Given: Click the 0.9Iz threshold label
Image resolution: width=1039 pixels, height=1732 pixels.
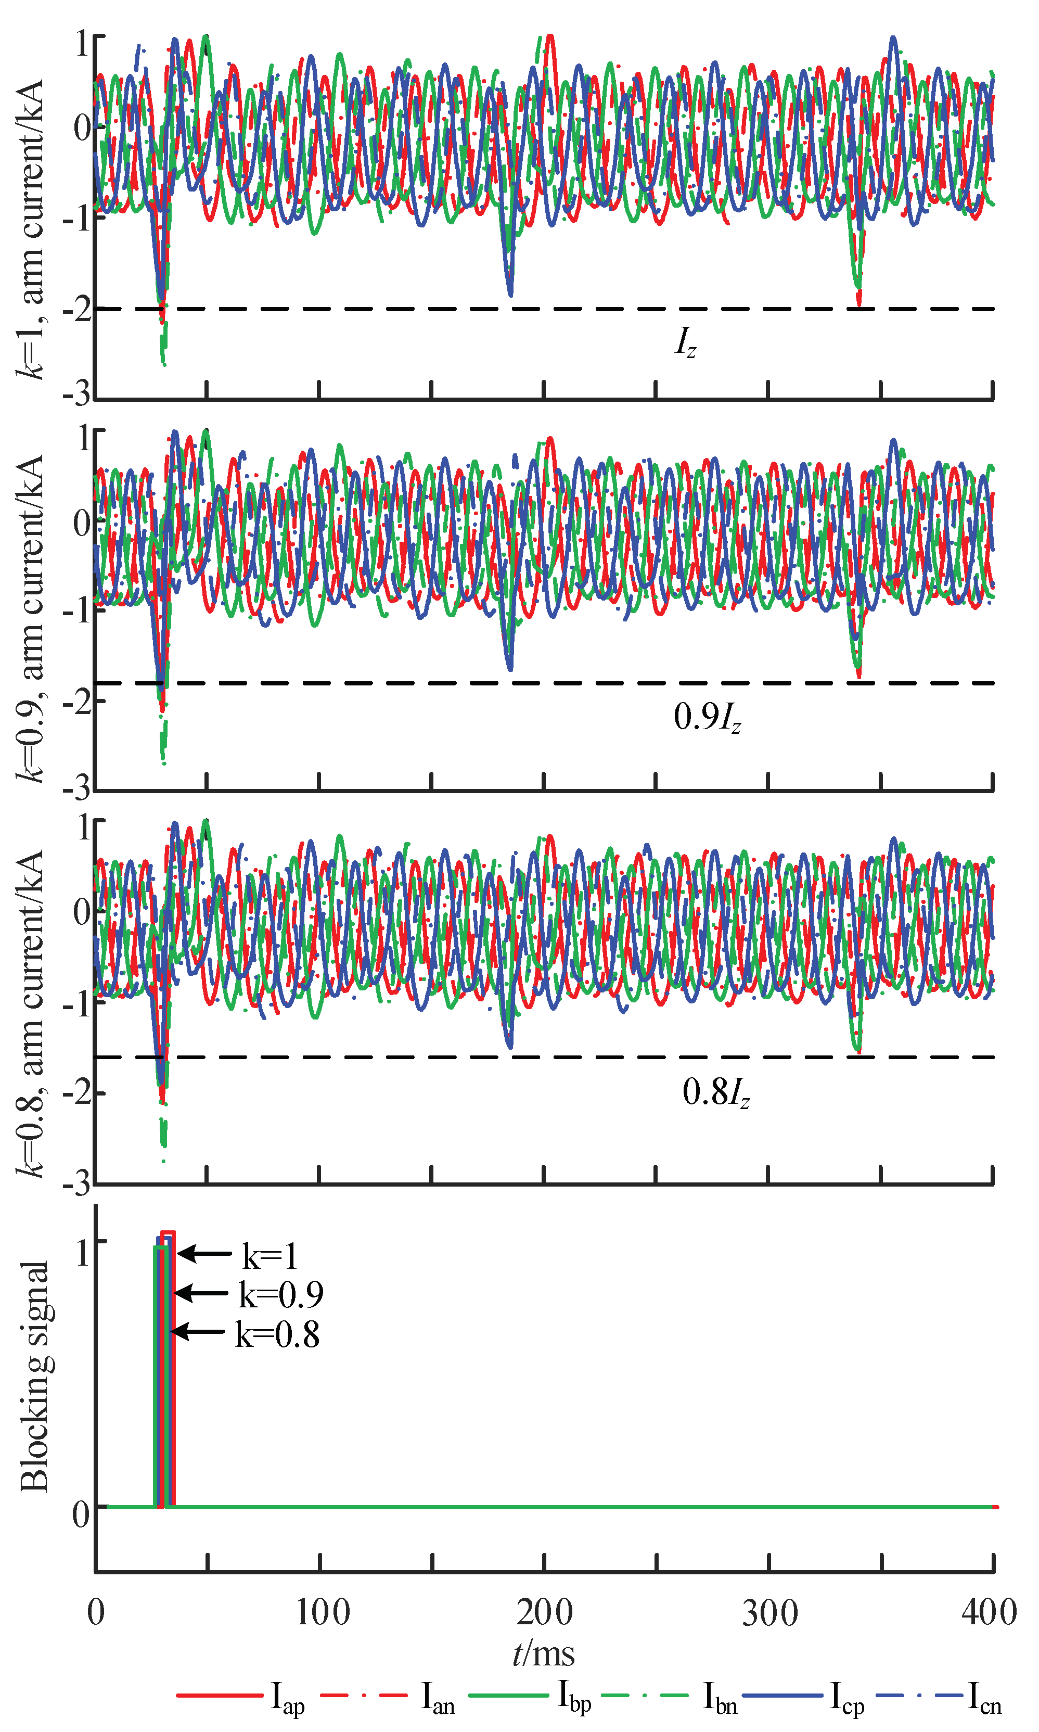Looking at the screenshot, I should pyautogui.click(x=707, y=717).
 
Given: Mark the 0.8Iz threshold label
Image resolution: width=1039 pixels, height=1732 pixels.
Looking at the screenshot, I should pyautogui.click(x=715, y=1092).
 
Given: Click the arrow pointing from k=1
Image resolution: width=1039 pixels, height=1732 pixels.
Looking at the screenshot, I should pyautogui.click(x=204, y=1254).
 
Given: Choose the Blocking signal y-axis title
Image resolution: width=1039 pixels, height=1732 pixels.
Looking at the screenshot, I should pyautogui.click(x=35, y=1376).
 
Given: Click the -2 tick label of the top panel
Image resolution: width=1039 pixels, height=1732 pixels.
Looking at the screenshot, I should pyautogui.click(x=76, y=309).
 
